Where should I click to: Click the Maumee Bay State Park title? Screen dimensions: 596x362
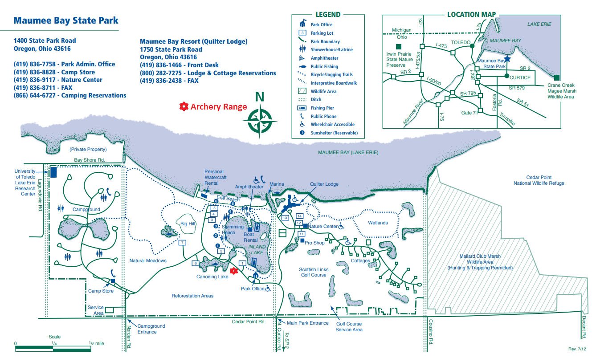click(66, 20)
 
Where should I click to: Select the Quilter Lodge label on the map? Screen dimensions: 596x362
click(324, 184)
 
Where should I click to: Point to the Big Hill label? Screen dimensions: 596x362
click(188, 224)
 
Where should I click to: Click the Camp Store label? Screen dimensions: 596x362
click(101, 291)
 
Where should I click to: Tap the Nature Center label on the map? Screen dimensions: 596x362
click(324, 226)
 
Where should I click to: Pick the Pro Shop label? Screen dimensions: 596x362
click(314, 243)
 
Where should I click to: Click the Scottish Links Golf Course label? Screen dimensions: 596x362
click(314, 272)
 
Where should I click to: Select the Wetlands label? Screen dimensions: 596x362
click(378, 223)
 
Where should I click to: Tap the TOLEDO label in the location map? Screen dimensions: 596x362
click(461, 43)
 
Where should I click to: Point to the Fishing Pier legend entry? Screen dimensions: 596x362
click(322, 108)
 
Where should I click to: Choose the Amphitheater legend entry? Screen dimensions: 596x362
click(324, 58)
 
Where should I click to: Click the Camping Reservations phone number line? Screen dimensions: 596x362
click(70, 95)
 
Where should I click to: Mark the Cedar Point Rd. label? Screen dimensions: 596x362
click(249, 321)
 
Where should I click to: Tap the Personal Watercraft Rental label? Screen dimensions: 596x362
click(214, 177)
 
